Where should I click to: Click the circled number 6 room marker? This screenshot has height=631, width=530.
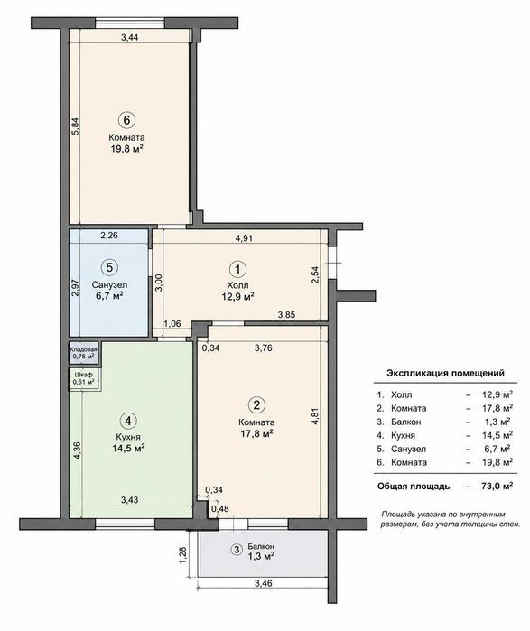tap(126, 120)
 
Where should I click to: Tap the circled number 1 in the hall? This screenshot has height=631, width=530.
tap(237, 269)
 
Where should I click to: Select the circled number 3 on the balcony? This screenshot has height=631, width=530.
tap(237, 550)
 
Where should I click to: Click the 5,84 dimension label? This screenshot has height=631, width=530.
tap(75, 125)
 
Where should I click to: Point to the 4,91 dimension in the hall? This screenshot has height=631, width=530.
tap(244, 237)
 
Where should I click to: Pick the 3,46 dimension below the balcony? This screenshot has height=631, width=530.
tap(264, 583)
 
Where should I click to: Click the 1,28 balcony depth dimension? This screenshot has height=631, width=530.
tap(184, 554)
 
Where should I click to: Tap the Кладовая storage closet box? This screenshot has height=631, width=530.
tap(84, 353)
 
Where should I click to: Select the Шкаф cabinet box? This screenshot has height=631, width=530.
tap(84, 378)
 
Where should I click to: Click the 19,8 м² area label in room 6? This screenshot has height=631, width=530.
tap(127, 149)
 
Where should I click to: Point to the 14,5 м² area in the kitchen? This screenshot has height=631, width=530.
tap(129, 448)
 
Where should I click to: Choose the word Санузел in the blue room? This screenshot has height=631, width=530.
tap(109, 285)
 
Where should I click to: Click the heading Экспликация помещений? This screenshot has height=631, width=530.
tap(445, 373)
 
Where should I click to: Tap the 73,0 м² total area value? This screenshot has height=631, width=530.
tap(497, 486)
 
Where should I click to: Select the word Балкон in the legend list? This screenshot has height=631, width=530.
tap(406, 422)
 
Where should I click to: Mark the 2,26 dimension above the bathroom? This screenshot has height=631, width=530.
tap(109, 235)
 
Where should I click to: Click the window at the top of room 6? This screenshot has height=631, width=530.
tap(130, 23)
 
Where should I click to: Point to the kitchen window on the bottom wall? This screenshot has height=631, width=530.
tap(125, 524)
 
